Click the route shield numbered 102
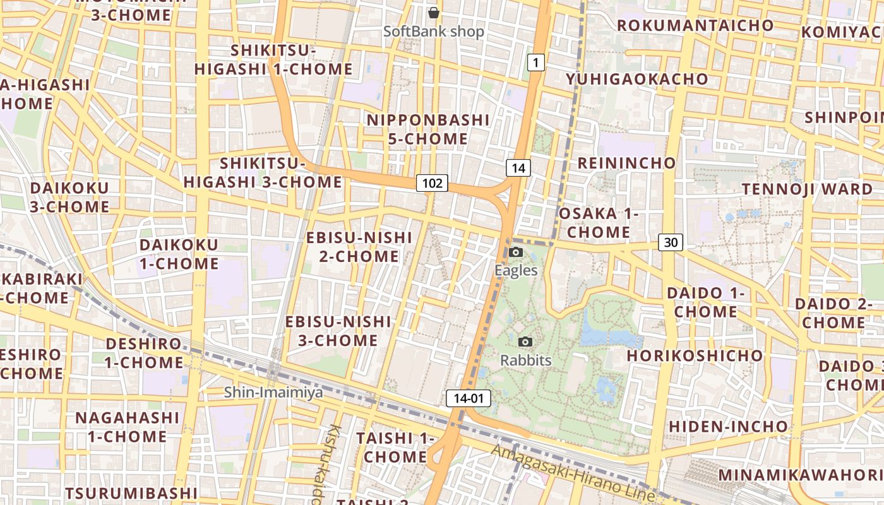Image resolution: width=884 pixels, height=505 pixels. click(433, 183)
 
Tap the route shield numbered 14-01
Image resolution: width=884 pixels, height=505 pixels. click(469, 398)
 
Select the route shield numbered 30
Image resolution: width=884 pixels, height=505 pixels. click(671, 242)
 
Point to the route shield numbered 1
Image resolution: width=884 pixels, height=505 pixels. click(535, 62)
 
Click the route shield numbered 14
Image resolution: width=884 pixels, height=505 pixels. click(518, 168)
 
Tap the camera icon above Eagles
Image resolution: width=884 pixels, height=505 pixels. click(516, 252)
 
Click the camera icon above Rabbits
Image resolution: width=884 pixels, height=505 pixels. click(525, 342)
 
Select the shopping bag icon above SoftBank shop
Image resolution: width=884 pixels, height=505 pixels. click(434, 13)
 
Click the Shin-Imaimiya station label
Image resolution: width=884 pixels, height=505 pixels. click(273, 393)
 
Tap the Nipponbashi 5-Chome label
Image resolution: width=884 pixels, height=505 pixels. click(428, 129)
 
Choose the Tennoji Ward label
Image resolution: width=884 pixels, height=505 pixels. click(807, 189)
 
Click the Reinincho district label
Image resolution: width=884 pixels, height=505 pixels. click(626, 163)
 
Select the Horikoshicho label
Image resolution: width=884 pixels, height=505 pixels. click(695, 355)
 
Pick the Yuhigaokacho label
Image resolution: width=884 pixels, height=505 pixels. click(636, 79)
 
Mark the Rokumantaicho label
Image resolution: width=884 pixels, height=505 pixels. click(695, 25)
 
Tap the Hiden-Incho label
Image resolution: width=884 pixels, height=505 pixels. click(728, 426)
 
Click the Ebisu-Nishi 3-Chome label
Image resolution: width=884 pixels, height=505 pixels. click(338, 331)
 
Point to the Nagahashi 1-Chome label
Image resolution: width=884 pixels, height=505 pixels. click(128, 427)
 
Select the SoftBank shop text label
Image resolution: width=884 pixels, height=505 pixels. click(434, 31)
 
